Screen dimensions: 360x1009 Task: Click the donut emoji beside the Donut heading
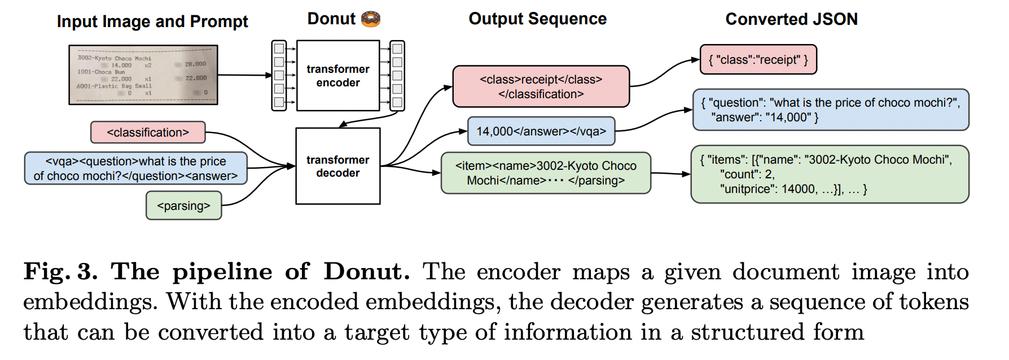coord(371,19)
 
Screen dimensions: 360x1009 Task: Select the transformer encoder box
coord(337,76)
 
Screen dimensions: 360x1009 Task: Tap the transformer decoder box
coord(337,166)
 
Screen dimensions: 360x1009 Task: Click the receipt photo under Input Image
coord(143,74)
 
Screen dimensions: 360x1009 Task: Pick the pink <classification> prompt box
coord(148,133)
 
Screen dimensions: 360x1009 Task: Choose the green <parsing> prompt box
coord(183,206)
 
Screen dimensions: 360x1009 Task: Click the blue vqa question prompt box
coord(135,169)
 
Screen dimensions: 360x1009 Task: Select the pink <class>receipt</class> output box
coord(541,87)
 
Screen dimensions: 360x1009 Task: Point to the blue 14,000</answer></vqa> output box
coord(541,131)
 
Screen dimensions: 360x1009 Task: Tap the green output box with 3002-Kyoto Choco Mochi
coord(545,173)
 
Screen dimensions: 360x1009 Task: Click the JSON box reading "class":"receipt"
coord(758,60)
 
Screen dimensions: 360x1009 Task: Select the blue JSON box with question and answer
coord(830,110)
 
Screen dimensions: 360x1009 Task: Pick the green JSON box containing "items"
coord(829,174)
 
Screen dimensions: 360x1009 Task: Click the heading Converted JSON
coord(791,19)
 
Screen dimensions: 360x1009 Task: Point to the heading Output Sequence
coord(537,19)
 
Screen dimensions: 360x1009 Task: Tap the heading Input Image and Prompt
coord(152,21)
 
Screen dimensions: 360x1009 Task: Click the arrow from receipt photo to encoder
coord(245,74)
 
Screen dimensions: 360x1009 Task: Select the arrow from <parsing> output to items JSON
coord(670,174)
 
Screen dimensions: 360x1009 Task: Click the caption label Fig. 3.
coord(60,272)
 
